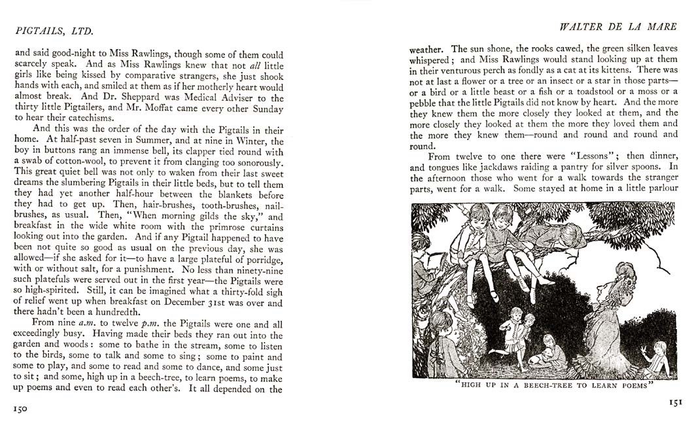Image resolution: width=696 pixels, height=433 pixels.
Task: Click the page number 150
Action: pyautogui.click(x=20, y=408)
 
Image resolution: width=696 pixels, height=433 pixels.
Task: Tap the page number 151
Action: pyautogui.click(x=675, y=403)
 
